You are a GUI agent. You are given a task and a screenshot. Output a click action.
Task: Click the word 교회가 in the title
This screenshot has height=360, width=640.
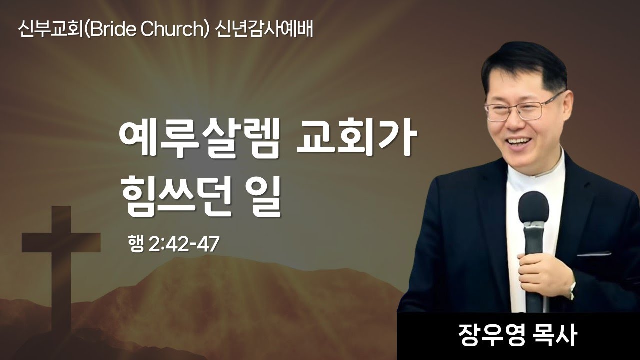(356, 140)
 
